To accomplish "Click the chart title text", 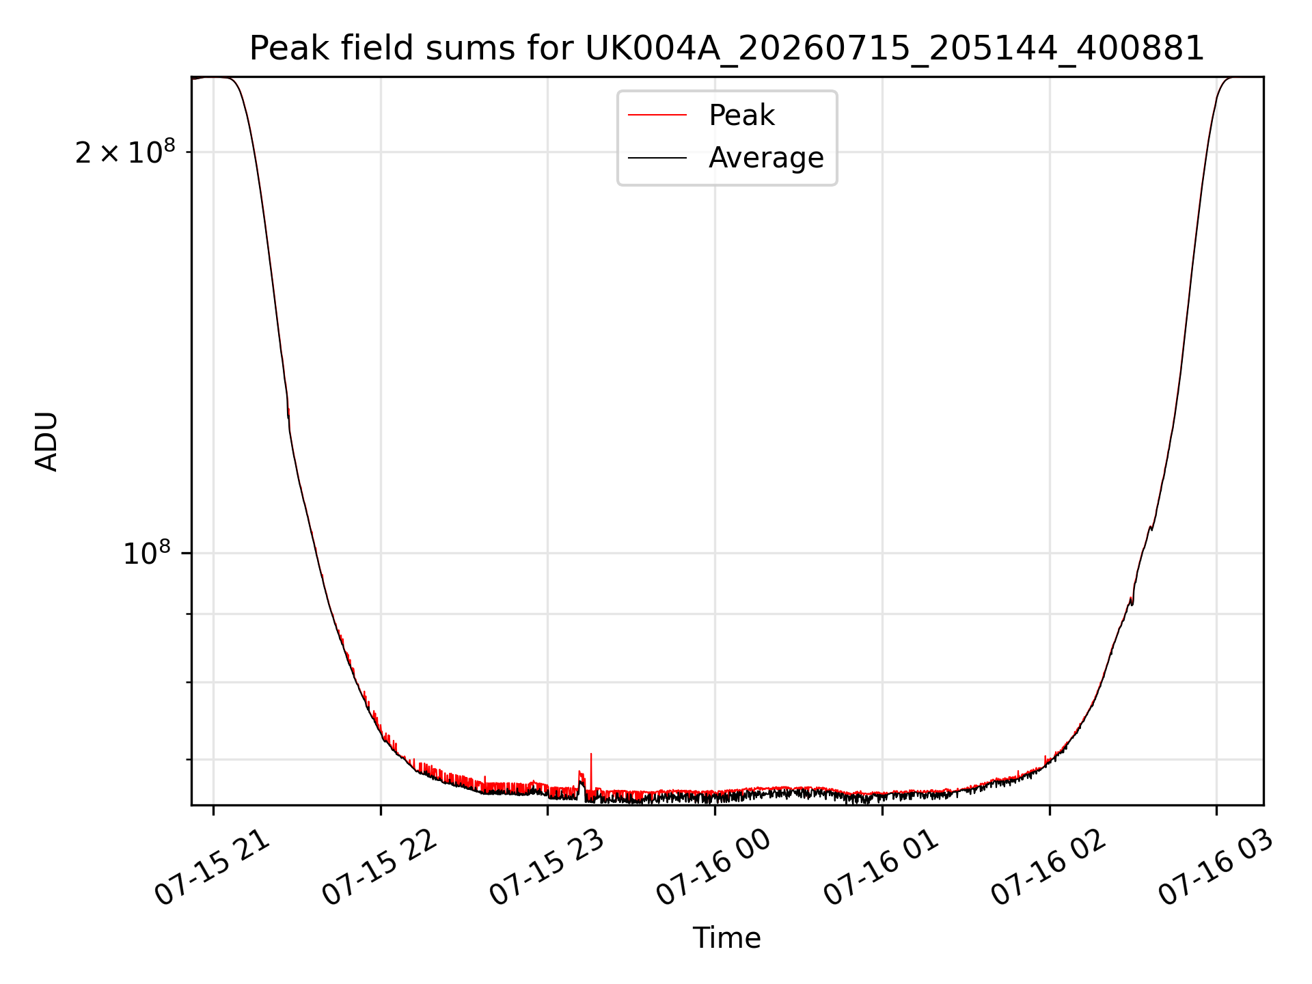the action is (x=726, y=49).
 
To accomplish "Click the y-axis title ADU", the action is (x=46, y=441).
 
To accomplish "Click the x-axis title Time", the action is (x=726, y=938).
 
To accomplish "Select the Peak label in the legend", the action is (x=741, y=115).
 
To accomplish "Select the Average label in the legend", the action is (x=766, y=158).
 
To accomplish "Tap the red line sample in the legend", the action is (x=657, y=115).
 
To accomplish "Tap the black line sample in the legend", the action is (x=657, y=158).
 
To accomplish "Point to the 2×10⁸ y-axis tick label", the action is (x=125, y=151).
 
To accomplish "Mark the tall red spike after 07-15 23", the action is (x=591, y=772).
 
